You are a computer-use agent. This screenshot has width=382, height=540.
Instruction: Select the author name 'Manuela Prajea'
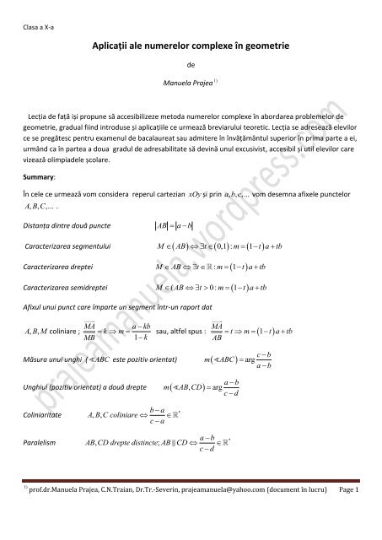(189, 84)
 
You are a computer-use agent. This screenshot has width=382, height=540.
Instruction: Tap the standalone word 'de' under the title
(190, 62)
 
